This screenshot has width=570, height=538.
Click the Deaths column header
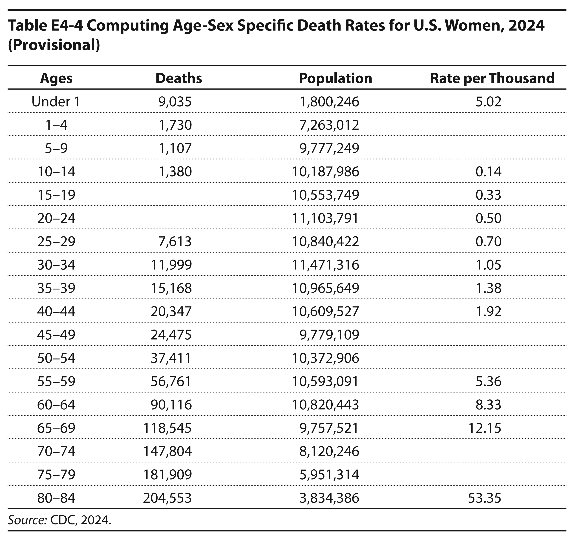pyautogui.click(x=179, y=78)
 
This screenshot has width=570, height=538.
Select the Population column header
pyautogui.click(x=335, y=78)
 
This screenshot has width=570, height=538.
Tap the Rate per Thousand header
pyautogui.click(x=492, y=78)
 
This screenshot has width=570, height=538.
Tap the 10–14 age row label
pyautogui.click(x=56, y=172)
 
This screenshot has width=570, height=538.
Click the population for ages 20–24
pyautogui.click(x=325, y=218)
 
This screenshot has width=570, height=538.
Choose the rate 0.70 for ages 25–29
pyautogui.click(x=489, y=241)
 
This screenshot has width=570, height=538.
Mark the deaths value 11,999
pyautogui.click(x=171, y=265)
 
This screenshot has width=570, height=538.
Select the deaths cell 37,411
pyautogui.click(x=171, y=358)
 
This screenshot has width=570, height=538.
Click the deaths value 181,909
pyautogui.click(x=167, y=474)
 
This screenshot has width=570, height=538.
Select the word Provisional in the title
pyautogui.click(x=54, y=45)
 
